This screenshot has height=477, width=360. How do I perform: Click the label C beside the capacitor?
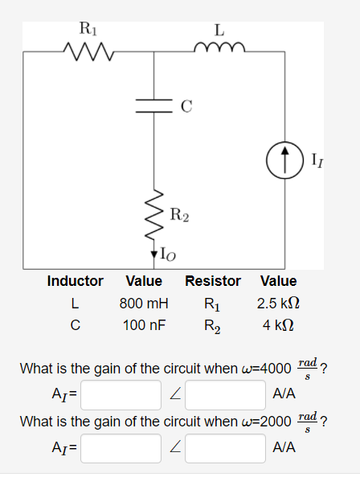point(186,105)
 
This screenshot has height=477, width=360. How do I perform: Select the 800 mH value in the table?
point(144,304)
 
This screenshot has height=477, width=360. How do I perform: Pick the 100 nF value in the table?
point(144,327)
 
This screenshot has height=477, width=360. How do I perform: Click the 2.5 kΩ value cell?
point(279,304)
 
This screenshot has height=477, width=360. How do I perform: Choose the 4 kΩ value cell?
point(279,327)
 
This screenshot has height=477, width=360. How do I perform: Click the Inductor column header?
point(75,281)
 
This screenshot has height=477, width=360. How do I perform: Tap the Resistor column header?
point(213,281)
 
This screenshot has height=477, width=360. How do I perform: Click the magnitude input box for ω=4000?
point(121,394)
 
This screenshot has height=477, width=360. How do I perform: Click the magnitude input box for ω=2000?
point(121,448)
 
